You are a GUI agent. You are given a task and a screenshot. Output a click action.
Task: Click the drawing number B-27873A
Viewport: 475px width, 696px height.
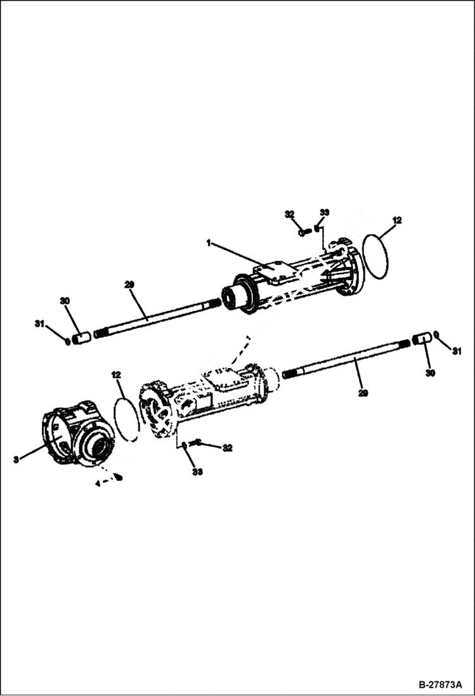pyautogui.click(x=441, y=686)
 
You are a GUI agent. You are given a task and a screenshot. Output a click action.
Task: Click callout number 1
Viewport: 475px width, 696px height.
pyautogui.click(x=207, y=242)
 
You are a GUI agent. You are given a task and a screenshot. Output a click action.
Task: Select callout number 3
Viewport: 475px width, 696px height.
pyautogui.click(x=15, y=459)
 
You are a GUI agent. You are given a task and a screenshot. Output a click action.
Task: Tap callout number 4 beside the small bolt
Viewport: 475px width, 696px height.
pyautogui.click(x=96, y=483)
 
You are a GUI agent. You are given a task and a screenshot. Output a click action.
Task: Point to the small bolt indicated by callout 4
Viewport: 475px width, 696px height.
pyautogui.click(x=118, y=477)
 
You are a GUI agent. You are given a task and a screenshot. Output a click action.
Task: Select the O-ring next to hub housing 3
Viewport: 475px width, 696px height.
pyautogui.click(x=126, y=418)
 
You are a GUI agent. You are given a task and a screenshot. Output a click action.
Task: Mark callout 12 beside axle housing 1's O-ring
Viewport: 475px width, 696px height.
pyautogui.click(x=397, y=220)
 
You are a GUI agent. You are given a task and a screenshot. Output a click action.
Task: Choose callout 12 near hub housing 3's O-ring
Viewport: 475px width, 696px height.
pyautogui.click(x=115, y=375)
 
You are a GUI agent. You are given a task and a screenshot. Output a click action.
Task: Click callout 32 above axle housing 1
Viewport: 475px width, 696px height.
pyautogui.click(x=290, y=214)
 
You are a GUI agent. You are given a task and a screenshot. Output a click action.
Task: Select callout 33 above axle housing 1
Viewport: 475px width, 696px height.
pyautogui.click(x=324, y=212)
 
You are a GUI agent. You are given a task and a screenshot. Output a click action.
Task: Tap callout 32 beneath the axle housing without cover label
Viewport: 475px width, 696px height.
pyautogui.click(x=227, y=448)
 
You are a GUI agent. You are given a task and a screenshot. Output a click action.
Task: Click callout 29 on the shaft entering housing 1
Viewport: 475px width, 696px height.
pyautogui.click(x=129, y=286)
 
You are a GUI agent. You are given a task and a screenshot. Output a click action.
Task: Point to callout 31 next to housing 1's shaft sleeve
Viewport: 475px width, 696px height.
pyautogui.click(x=39, y=324)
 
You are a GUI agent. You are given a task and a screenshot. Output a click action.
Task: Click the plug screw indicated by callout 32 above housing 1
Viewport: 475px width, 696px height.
pyautogui.click(x=304, y=232)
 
